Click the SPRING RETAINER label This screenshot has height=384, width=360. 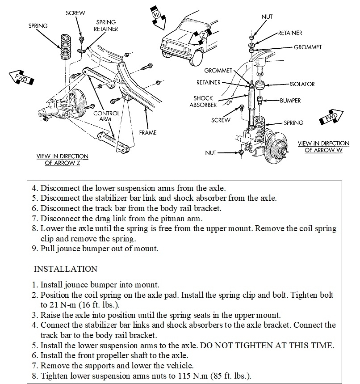[x=106, y=25]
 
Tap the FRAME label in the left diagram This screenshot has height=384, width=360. [x=148, y=132]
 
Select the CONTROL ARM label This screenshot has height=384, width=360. [x=106, y=116]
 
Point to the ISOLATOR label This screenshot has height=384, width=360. [x=301, y=84]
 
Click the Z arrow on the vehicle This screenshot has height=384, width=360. [x=204, y=34]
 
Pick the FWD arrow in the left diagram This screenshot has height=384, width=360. [x=19, y=76]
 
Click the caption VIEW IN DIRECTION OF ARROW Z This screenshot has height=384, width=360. [x=63, y=160]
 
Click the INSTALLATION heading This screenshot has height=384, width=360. [x=65, y=269]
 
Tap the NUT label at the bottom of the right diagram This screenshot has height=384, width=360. [x=211, y=153]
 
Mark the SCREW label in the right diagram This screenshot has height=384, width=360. [x=221, y=120]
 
